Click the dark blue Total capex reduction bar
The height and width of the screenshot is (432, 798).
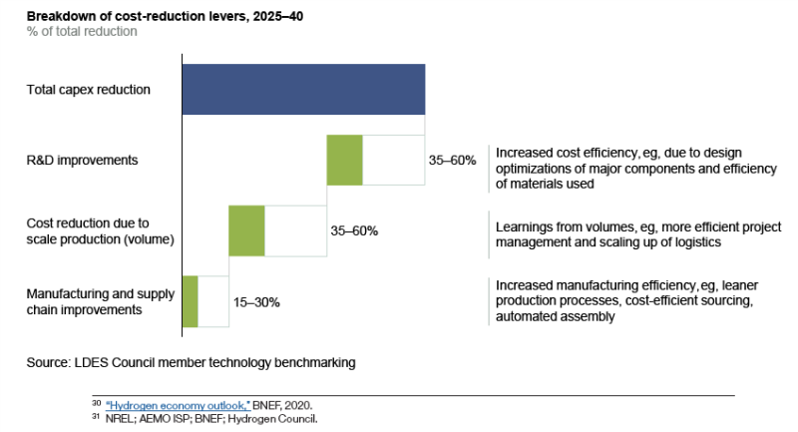coord(303,89)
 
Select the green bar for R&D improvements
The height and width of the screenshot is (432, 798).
coord(344,160)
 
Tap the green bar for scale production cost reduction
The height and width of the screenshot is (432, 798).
coord(246,230)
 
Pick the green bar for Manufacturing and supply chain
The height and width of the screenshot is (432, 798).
coord(190,301)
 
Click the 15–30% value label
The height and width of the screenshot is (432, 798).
coord(228,301)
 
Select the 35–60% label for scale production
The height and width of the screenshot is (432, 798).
coord(354,230)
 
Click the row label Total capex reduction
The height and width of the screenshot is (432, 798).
coord(89,90)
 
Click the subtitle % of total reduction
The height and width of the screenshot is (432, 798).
coord(82,32)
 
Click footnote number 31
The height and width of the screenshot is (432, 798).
coord(97,418)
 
